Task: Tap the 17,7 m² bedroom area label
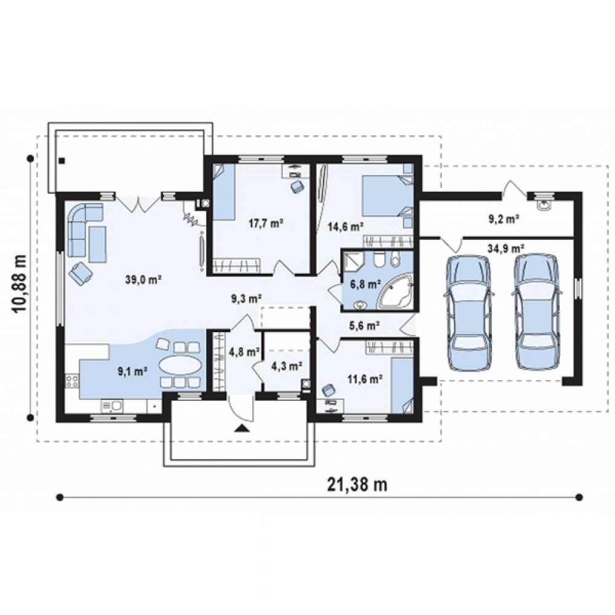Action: click(x=266, y=224)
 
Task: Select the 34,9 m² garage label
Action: click(x=506, y=248)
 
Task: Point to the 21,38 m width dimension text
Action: click(x=357, y=485)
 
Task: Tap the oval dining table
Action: click(x=180, y=365)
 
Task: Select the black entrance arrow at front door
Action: click(x=242, y=428)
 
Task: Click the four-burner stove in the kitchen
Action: click(x=72, y=381)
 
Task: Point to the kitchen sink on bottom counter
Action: click(x=112, y=406)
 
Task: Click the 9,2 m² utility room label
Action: click(x=504, y=220)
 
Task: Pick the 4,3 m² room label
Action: click(x=287, y=367)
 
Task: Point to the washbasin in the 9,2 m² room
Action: click(x=544, y=204)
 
